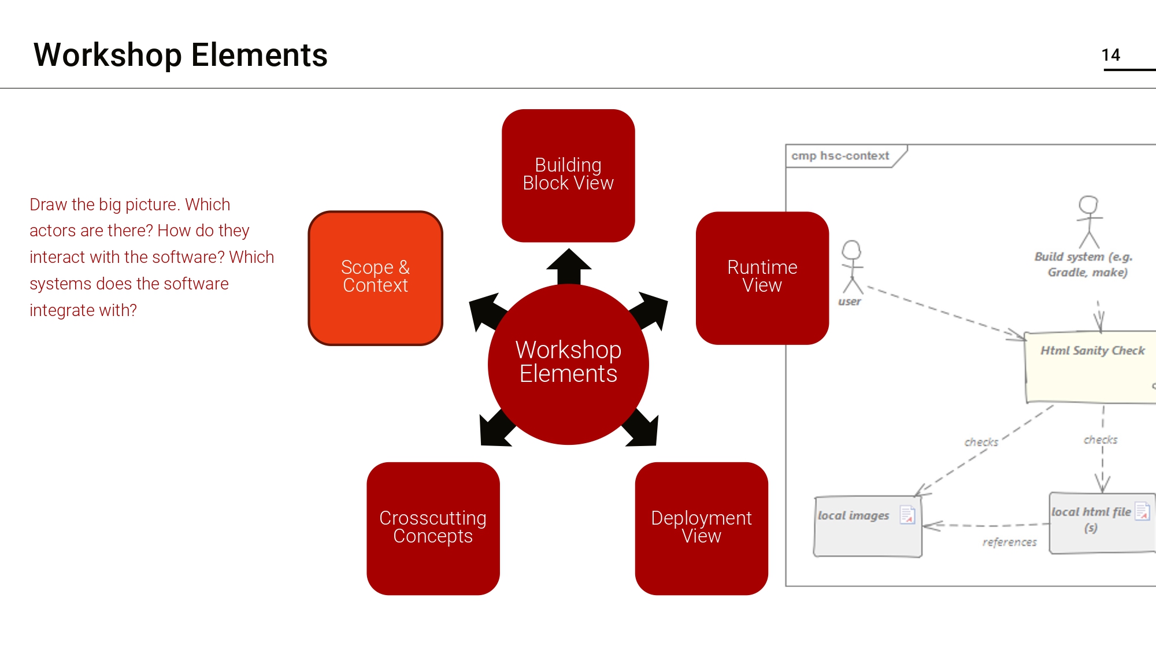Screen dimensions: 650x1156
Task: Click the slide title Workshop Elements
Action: click(x=180, y=55)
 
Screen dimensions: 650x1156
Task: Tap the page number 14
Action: click(x=1110, y=55)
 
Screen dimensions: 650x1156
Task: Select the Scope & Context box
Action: click(x=375, y=278)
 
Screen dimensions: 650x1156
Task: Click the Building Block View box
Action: click(x=568, y=175)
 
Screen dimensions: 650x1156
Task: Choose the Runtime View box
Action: click(x=762, y=278)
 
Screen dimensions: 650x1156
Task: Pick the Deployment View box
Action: click(x=701, y=528)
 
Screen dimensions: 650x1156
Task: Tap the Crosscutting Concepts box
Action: click(x=433, y=528)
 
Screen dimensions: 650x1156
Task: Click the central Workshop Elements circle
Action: click(x=568, y=364)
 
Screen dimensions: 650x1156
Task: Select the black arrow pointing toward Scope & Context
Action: click(x=487, y=311)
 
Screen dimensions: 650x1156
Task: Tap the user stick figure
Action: click(x=851, y=267)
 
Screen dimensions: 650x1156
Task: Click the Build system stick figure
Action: click(x=1089, y=222)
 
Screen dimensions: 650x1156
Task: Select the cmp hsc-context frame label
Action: click(x=840, y=156)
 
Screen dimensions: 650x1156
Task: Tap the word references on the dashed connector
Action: click(x=1009, y=542)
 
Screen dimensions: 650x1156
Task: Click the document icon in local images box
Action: click(x=907, y=514)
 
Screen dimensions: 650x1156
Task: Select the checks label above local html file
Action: click(x=1100, y=440)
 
